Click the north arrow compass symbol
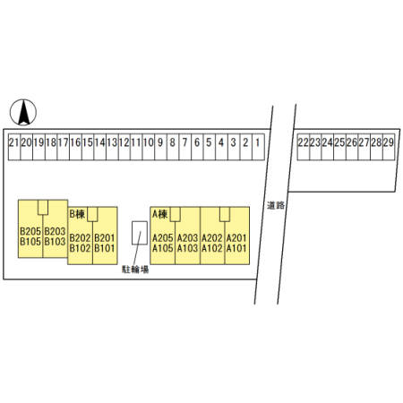pos(23,112)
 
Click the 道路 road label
pos(276,205)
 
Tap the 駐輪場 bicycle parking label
pos(135,270)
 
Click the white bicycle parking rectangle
pos(140,233)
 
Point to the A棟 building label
pos(160,214)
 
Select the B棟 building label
pos(77,214)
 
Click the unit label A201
pos(236,238)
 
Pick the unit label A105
pos(163,248)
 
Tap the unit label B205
pos(30,231)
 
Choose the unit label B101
pos(105,248)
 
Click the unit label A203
pos(187,238)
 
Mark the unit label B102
pos(80,248)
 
